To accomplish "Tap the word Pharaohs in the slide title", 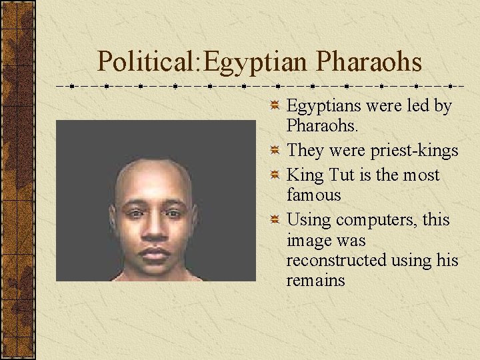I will [x=369, y=62].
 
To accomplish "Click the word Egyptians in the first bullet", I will [x=321, y=106].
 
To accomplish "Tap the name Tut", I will [x=340, y=175].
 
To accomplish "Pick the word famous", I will [x=313, y=195].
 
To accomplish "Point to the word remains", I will [x=315, y=280].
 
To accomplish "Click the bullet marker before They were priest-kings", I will [x=275, y=151].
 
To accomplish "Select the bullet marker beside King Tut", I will [x=275, y=176].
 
